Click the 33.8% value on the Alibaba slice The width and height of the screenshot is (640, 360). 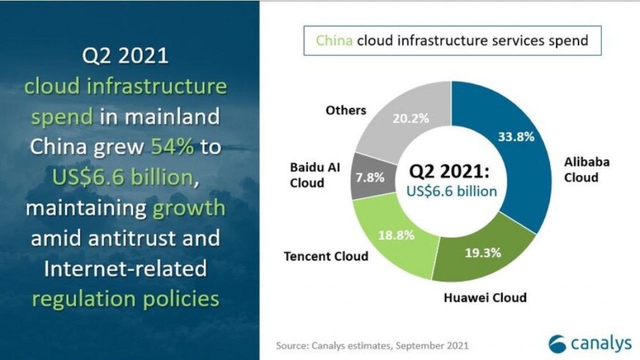pyautogui.click(x=516, y=137)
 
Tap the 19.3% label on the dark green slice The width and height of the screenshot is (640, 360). pyautogui.click(x=483, y=253)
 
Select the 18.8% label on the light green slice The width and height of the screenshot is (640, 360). pyautogui.click(x=396, y=235)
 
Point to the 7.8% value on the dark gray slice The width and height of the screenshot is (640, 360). pyautogui.click(x=370, y=177)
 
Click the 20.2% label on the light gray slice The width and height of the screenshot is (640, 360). pyautogui.click(x=411, y=118)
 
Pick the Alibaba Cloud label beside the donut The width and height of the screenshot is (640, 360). pyautogui.click(x=586, y=170)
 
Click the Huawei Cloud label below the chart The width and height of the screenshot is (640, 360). pyautogui.click(x=485, y=297)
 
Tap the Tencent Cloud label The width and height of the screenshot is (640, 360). pyautogui.click(x=326, y=256)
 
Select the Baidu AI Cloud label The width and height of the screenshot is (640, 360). pyautogui.click(x=315, y=175)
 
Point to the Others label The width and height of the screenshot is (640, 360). pyautogui.click(x=345, y=110)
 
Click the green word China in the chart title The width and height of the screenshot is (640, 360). pyautogui.click(x=334, y=40)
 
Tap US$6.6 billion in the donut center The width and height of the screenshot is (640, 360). pyautogui.click(x=451, y=191)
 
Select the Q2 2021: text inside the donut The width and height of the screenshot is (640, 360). pyautogui.click(x=449, y=171)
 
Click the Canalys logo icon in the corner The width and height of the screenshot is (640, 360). pyautogui.click(x=557, y=344)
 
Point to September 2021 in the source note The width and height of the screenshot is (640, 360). pyautogui.click(x=432, y=345)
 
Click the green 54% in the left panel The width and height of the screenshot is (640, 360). pyautogui.click(x=172, y=146)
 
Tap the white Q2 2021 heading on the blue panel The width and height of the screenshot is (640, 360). pyautogui.click(x=125, y=55)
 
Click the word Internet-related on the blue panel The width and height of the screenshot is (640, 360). pyautogui.click(x=125, y=268)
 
